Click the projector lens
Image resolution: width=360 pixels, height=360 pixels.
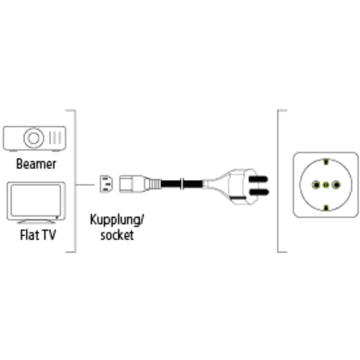tap(34, 138)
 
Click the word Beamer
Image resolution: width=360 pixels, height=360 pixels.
tap(36, 164)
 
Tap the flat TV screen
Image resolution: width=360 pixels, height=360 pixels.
tap(36, 200)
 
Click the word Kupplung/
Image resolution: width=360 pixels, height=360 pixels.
tap(117, 220)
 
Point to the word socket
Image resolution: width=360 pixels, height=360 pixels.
tap(117, 235)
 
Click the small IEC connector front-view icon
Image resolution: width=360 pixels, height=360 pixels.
tap(106, 184)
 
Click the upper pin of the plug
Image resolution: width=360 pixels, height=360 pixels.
tap(259, 179)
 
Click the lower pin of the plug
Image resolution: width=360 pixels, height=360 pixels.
tap(259, 192)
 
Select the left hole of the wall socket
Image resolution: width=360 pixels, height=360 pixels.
tap(316, 184)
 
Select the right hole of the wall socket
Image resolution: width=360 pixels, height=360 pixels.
tap(336, 184)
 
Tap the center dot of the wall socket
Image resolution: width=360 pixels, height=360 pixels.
tap(326, 184)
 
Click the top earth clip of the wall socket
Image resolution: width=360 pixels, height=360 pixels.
tap(326, 162)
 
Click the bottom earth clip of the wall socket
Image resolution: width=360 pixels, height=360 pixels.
tap(326, 208)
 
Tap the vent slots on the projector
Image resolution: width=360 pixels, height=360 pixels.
tap(55, 138)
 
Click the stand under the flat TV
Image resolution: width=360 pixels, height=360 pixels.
tap(37, 221)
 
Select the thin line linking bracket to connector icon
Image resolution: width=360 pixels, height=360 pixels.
tap(85, 184)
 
